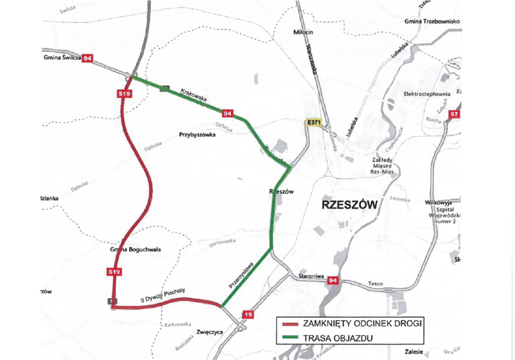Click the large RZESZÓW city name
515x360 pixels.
point(349,205)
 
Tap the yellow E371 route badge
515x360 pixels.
point(314,122)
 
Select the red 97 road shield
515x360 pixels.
point(454,114)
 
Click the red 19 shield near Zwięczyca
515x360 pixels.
point(248,314)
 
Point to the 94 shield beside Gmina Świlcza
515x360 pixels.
point(87,58)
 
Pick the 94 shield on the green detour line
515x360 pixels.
point(227,113)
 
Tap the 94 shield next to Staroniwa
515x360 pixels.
point(333,280)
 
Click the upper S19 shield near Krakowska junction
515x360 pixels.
point(124,93)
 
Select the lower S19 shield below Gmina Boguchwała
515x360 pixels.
point(114,271)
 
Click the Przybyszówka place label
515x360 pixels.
point(197,135)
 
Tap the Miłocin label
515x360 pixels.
point(303,32)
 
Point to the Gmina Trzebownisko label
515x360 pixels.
point(432,21)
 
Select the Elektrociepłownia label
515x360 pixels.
point(427,94)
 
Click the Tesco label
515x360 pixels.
point(375,283)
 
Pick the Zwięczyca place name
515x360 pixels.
point(210,332)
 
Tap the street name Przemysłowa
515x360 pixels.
point(241,275)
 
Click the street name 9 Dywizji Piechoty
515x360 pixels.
point(163,295)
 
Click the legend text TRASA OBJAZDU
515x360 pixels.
point(338,338)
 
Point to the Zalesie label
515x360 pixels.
point(414,351)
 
